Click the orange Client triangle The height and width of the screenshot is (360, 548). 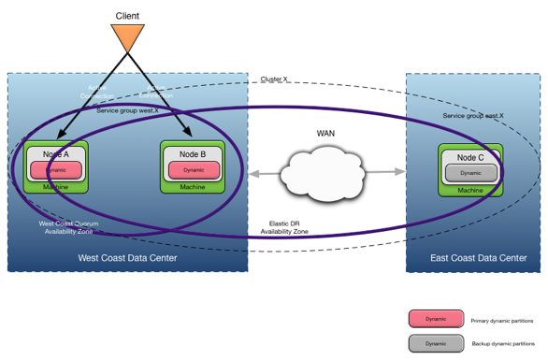tap(127, 37)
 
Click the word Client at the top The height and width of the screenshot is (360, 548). tap(128, 16)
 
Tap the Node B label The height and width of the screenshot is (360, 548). tap(193, 154)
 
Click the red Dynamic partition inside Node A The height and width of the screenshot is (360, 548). tap(55, 170)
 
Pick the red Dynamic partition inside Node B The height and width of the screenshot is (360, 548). tap(194, 170)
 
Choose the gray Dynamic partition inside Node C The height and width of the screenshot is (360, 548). tap(470, 173)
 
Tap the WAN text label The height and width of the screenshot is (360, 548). tap(325, 134)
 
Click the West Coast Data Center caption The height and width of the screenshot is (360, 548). tap(127, 258)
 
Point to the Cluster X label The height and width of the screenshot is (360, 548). tap(274, 80)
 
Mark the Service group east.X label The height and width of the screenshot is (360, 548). tap(473, 116)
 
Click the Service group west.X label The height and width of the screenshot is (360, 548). tap(128, 110)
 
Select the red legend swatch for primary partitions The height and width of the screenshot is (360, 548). tap(436, 319)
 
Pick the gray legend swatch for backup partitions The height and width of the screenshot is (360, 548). tap(436, 343)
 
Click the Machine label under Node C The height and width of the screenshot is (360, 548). tap(470, 190)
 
